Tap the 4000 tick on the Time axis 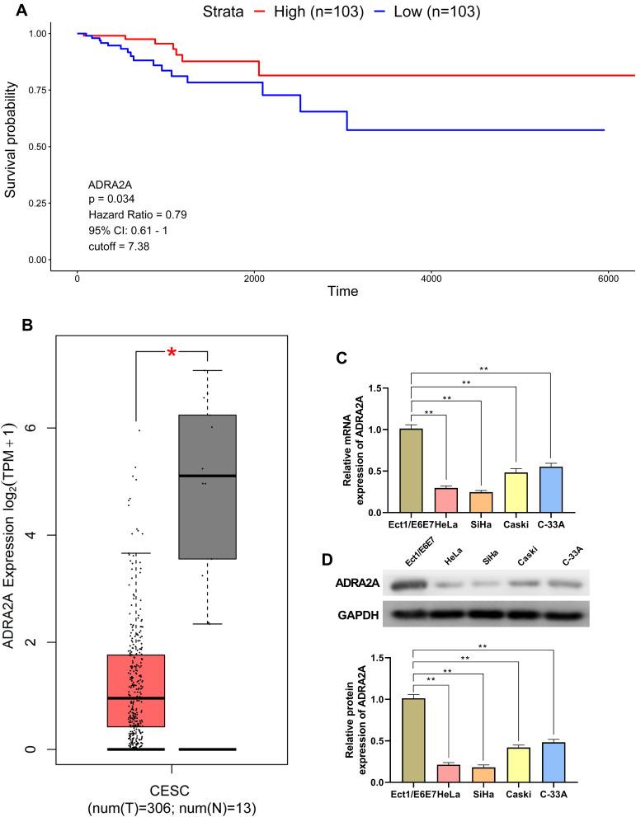431,279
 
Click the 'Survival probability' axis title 11,146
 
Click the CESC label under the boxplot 172,782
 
